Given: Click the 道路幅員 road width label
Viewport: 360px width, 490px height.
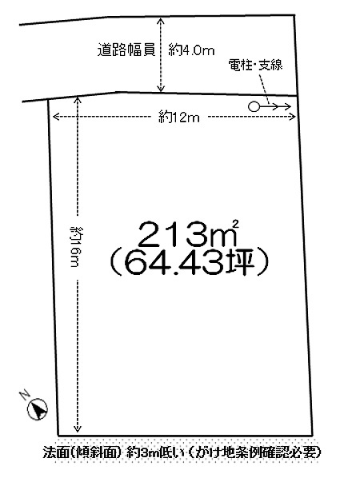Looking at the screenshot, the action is [x=126, y=50].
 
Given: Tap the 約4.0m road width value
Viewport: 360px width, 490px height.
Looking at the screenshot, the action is [x=191, y=50].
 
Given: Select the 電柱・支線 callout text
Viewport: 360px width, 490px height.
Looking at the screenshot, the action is [x=255, y=65].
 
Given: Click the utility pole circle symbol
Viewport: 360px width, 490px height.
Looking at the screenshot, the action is [x=254, y=107].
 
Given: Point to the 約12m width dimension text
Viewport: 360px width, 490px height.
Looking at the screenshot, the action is [x=179, y=118].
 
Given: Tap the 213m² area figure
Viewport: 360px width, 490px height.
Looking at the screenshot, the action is [x=188, y=233].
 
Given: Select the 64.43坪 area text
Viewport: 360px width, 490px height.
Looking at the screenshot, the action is [x=190, y=262].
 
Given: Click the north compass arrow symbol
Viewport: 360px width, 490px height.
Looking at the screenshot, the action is [x=38, y=409].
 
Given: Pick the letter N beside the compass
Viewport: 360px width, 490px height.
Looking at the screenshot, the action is [x=25, y=395].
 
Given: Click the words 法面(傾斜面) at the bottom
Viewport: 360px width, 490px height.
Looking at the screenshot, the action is [x=82, y=452].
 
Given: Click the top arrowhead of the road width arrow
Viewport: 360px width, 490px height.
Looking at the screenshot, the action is [x=161, y=19].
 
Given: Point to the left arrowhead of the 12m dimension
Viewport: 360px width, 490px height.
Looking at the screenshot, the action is [x=54, y=117].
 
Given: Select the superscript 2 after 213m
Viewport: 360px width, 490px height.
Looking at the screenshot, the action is [x=236, y=224].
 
